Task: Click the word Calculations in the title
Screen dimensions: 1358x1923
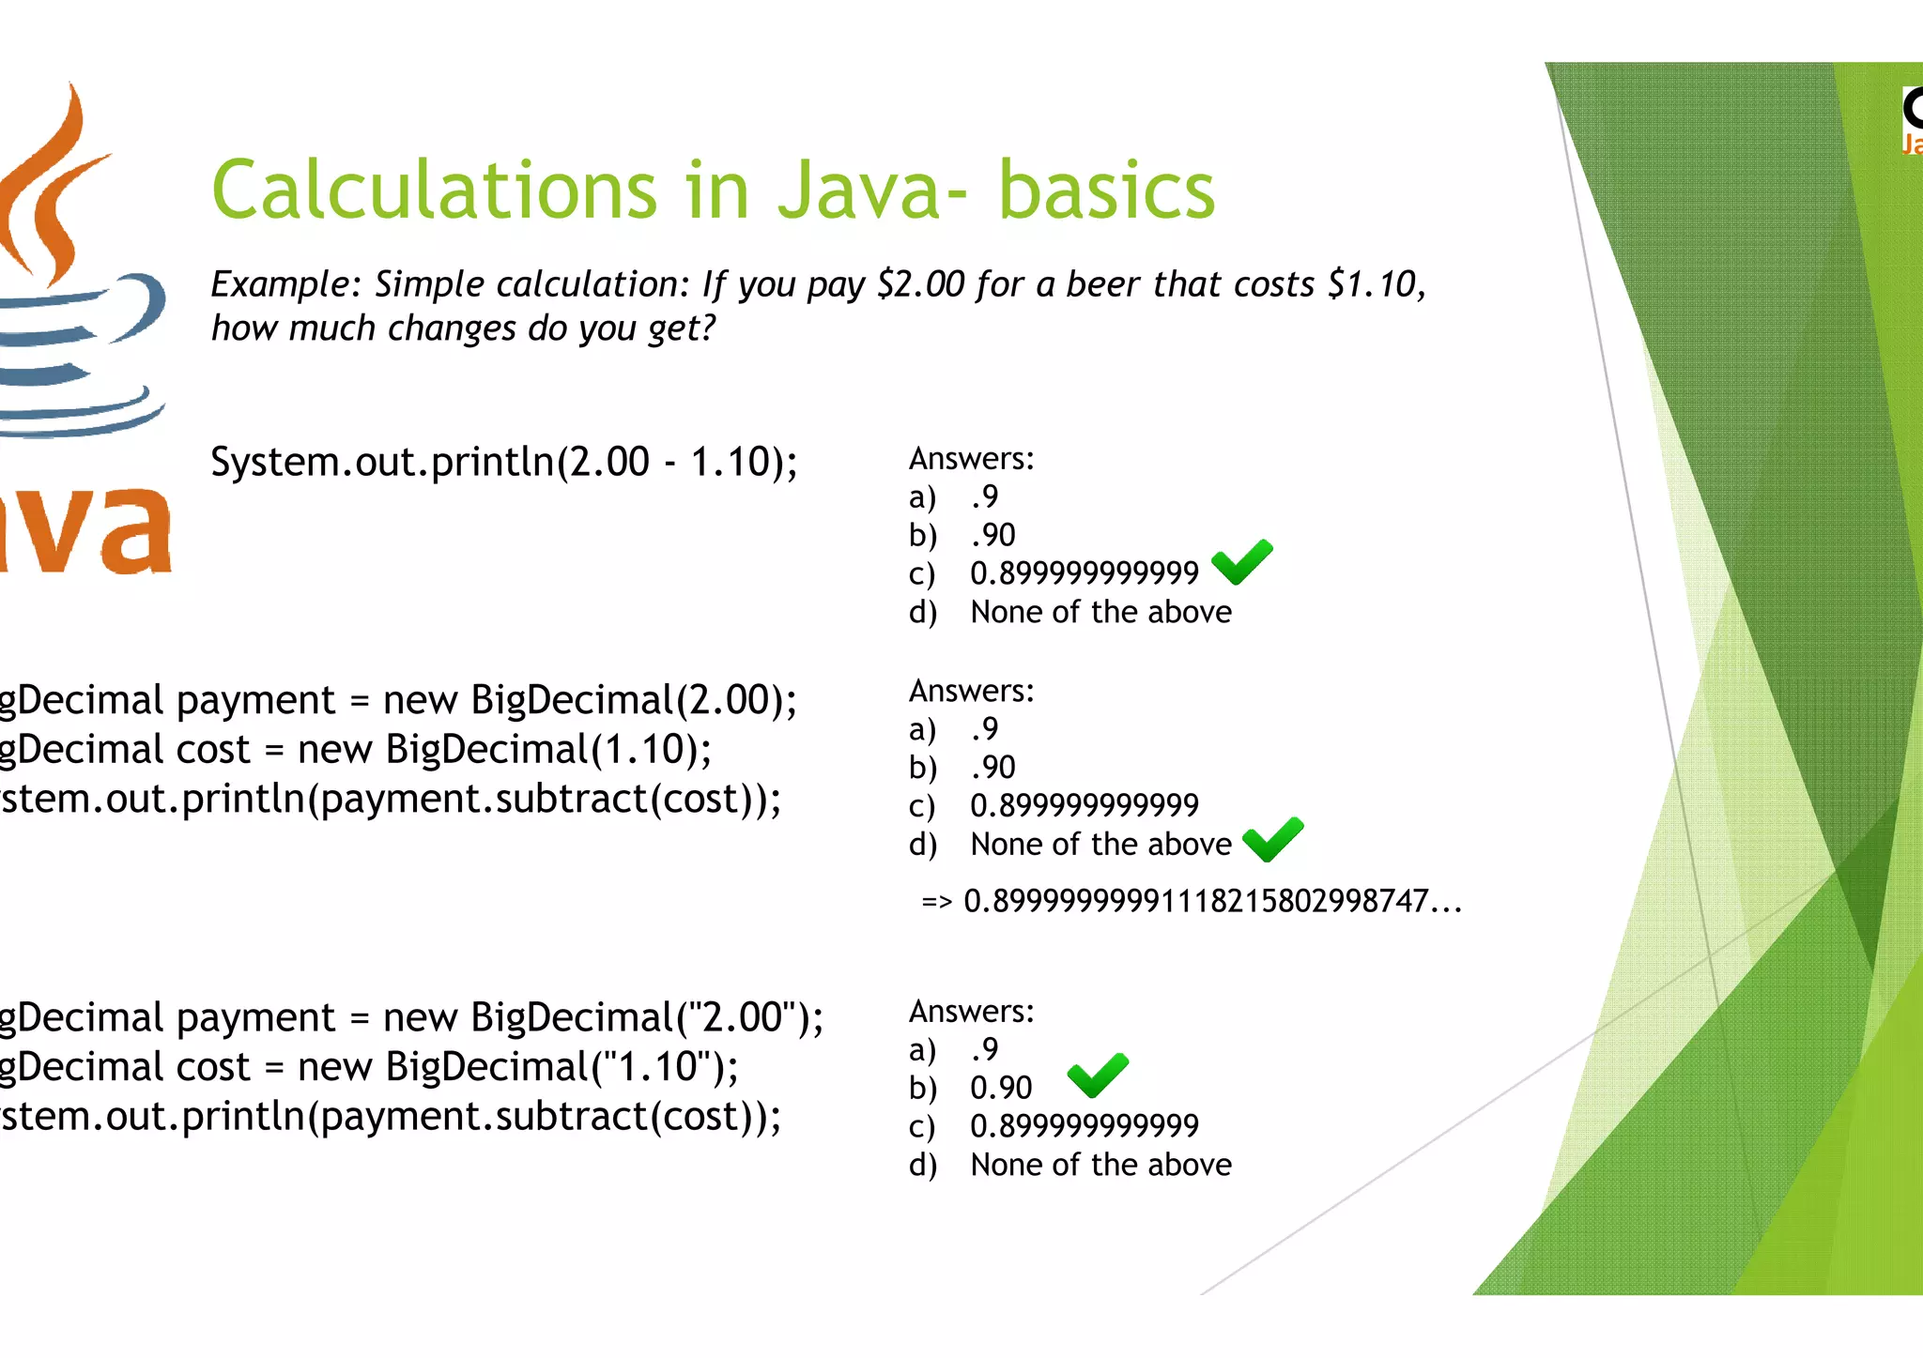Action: click(433, 190)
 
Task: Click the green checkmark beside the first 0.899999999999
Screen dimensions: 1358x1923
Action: click(1241, 562)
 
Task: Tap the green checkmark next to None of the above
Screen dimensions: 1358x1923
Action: click(1272, 839)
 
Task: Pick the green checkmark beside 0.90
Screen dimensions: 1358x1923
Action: click(1098, 1076)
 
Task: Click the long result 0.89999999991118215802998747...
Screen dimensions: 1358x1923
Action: click(1211, 902)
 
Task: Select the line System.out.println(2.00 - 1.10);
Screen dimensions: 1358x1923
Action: click(503, 462)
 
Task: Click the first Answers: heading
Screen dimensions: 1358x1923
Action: click(971, 459)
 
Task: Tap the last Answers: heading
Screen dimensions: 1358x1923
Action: click(971, 1012)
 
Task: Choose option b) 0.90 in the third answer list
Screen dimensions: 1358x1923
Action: click(1000, 1088)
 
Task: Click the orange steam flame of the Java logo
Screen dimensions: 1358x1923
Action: click(56, 188)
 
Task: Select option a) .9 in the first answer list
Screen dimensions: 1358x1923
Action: click(984, 496)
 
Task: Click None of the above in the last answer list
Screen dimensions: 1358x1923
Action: click(1100, 1165)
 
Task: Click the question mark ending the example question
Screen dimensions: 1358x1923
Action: click(706, 328)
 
